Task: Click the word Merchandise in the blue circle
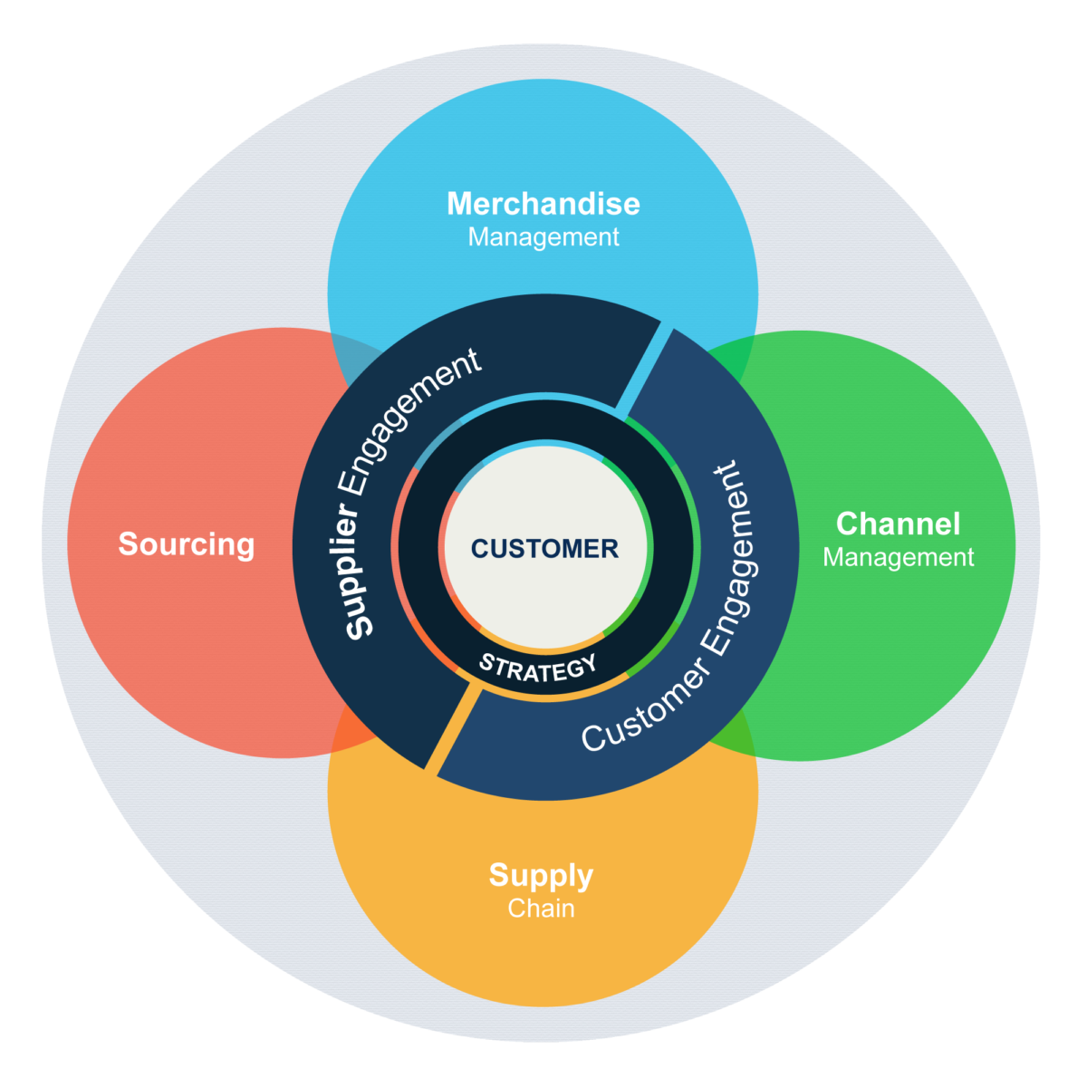pyautogui.click(x=543, y=204)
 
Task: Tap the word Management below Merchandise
pyautogui.click(x=543, y=237)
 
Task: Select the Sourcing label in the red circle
pyautogui.click(x=187, y=544)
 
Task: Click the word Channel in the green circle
pyautogui.click(x=898, y=524)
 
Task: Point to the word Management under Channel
pyautogui.click(x=898, y=557)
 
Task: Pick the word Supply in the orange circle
pyautogui.click(x=541, y=875)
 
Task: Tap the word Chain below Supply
pyautogui.click(x=541, y=909)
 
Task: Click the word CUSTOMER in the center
pyautogui.click(x=544, y=548)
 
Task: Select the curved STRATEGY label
pyautogui.click(x=538, y=667)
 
